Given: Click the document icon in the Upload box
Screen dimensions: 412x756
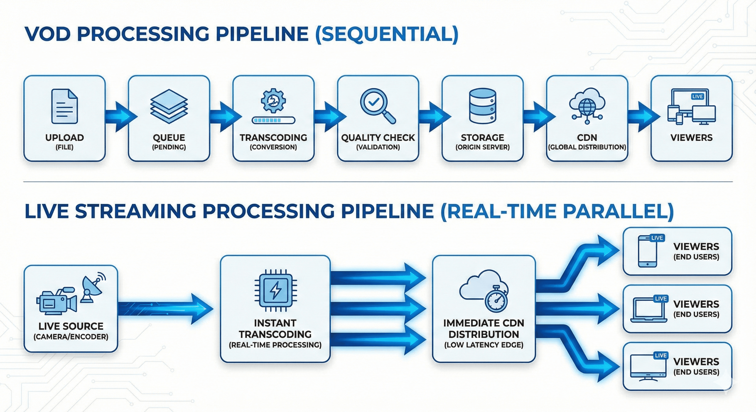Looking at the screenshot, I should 64,106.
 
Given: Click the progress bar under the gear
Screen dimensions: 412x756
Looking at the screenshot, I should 273,120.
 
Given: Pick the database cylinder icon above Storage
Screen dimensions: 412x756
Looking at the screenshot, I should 482,106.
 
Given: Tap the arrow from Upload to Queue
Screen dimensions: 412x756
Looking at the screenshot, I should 120,116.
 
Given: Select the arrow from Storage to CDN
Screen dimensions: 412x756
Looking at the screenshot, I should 539,116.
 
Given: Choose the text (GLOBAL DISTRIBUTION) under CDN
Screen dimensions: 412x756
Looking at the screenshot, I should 587,147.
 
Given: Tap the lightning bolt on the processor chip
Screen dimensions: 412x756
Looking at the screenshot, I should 275,290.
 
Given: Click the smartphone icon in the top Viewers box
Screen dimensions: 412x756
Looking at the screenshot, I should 647,252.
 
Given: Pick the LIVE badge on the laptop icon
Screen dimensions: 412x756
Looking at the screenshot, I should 661,299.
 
